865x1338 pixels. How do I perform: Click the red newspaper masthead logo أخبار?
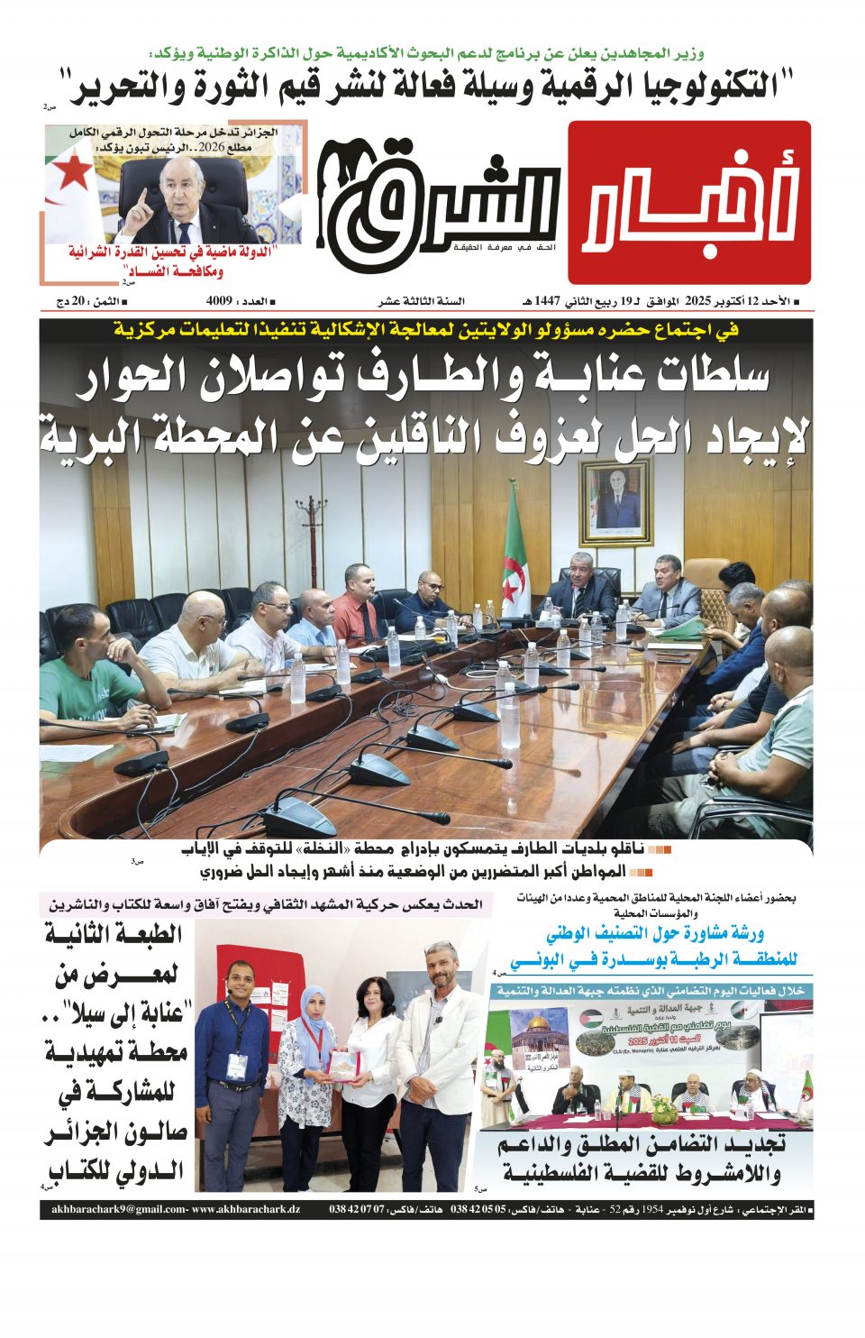(x=689, y=202)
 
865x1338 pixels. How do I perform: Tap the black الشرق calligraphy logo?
(x=439, y=203)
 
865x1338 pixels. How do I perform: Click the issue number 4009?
(x=220, y=301)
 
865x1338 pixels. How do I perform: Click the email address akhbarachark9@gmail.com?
(x=118, y=1209)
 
